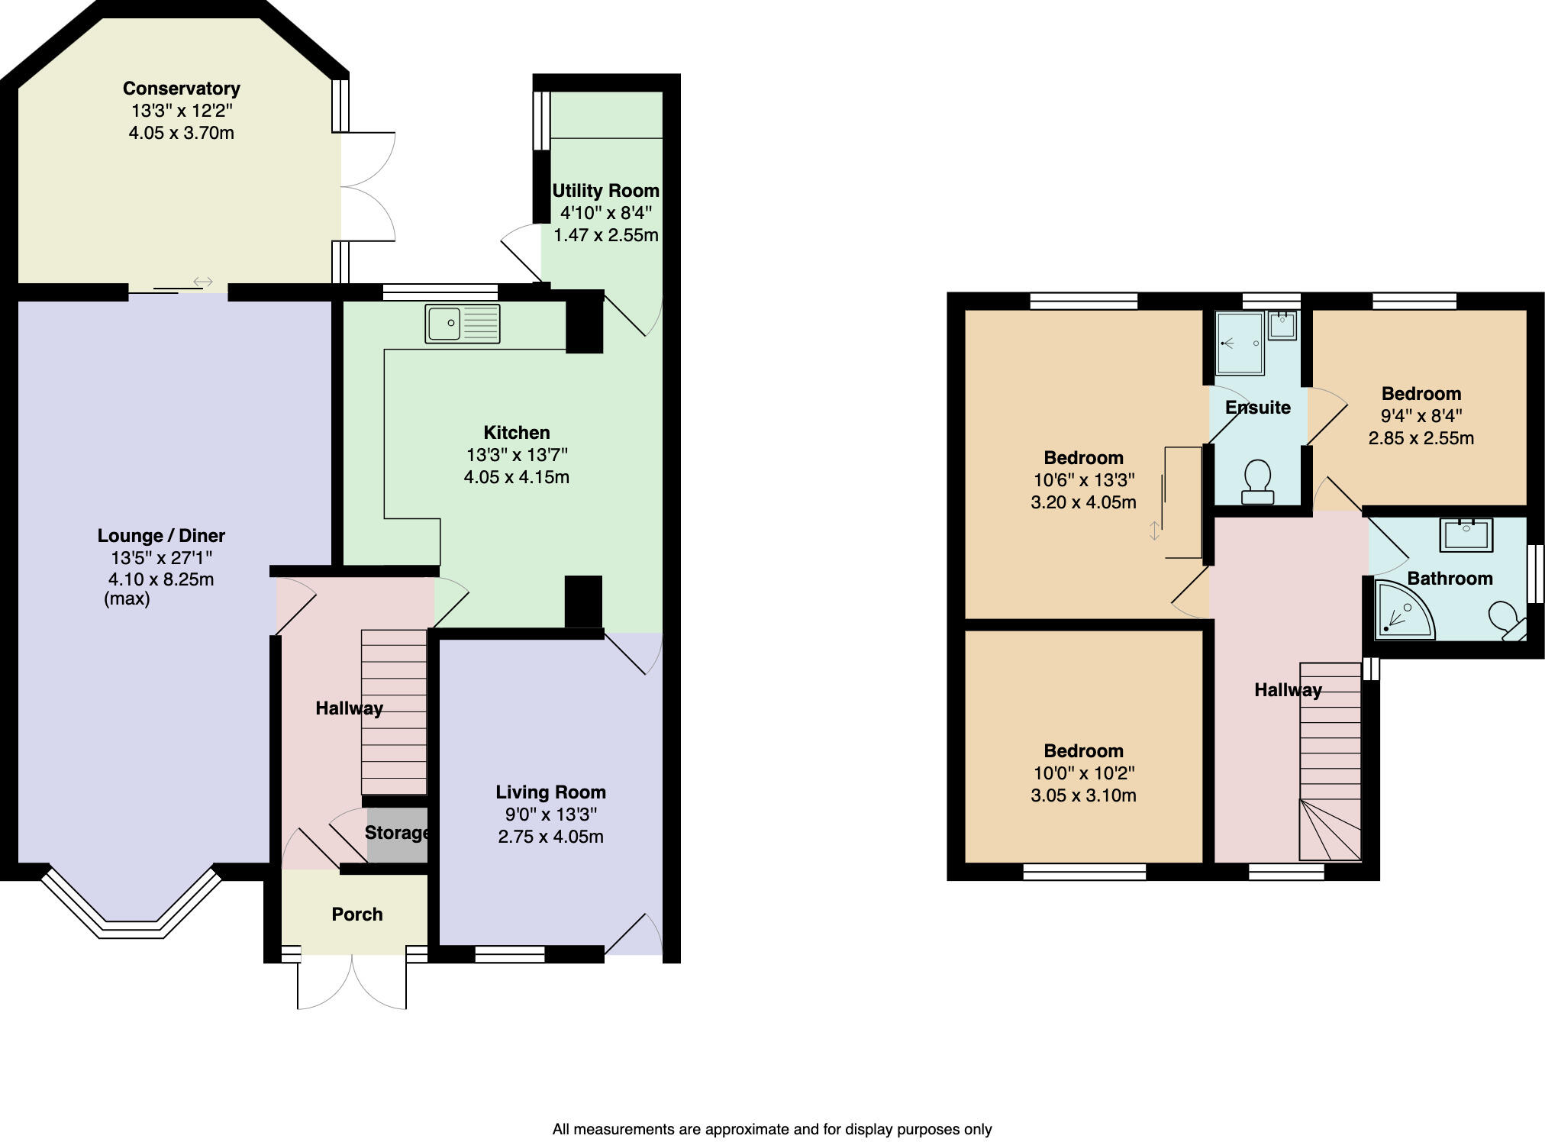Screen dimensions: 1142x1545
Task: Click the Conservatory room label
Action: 181,89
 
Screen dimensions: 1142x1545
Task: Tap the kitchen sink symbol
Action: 462,324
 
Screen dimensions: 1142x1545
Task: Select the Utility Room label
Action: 605,191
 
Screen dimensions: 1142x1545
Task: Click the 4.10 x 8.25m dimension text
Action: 161,579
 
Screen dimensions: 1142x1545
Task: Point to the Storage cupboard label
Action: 396,833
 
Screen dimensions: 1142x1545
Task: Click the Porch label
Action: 356,915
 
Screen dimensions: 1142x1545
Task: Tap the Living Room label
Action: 550,792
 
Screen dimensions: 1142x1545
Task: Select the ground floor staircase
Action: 393,712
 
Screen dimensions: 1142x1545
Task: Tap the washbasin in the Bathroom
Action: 1466,534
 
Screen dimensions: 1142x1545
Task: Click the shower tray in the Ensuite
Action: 1239,344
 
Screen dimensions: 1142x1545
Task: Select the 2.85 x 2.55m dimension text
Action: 1421,438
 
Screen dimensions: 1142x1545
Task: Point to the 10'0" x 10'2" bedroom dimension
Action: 1083,773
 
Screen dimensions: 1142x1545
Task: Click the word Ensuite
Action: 1257,408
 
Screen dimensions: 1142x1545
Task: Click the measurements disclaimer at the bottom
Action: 772,1129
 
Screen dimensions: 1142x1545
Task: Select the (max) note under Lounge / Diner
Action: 127,599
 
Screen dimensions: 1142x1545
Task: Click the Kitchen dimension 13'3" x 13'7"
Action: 517,456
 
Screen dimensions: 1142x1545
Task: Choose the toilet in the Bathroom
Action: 1506,618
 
